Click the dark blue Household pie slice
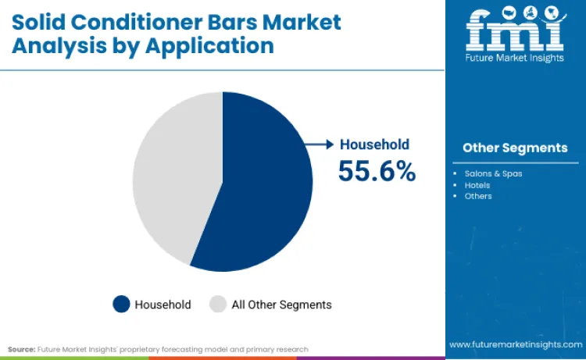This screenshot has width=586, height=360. click(262, 187)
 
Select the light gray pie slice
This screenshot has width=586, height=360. click(172, 172)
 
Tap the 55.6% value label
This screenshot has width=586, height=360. click(377, 169)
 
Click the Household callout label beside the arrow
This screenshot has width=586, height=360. click(374, 144)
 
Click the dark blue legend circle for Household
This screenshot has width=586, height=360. click(121, 305)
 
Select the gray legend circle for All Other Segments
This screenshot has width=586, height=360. click(218, 305)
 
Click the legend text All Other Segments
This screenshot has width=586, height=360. click(281, 305)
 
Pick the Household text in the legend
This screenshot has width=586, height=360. click(163, 305)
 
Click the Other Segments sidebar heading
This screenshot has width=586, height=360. click(515, 148)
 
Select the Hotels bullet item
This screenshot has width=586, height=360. click(477, 185)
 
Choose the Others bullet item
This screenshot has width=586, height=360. click(477, 196)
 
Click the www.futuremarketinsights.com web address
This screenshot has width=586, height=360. click(515, 344)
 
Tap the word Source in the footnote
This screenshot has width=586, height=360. click(22, 349)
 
